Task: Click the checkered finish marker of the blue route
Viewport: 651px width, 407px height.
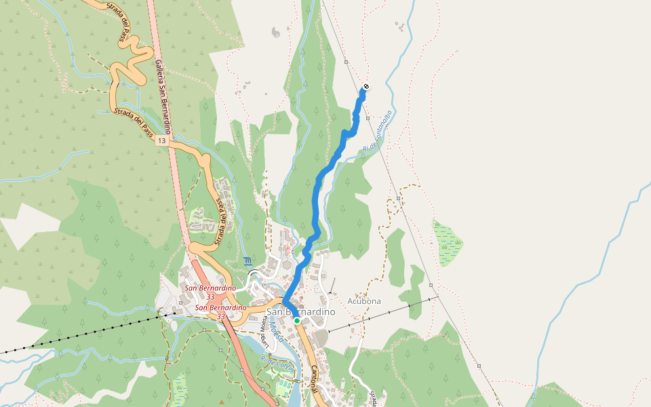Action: click(366, 87)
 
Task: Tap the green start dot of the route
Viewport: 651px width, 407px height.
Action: click(297, 321)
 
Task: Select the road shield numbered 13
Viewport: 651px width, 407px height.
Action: click(160, 140)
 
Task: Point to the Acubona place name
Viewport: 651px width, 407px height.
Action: click(364, 301)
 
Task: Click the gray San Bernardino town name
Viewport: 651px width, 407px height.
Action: click(300, 311)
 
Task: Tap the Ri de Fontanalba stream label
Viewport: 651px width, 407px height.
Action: click(378, 131)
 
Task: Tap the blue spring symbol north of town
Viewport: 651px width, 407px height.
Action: click(246, 261)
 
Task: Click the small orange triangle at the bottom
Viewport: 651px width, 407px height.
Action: click(222, 402)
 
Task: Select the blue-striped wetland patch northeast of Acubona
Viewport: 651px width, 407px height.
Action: click(447, 243)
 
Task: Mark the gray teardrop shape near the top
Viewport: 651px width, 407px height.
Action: click(275, 32)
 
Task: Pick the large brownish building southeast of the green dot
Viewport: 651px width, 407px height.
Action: click(319, 337)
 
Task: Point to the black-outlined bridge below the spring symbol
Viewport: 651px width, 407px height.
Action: click(255, 274)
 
